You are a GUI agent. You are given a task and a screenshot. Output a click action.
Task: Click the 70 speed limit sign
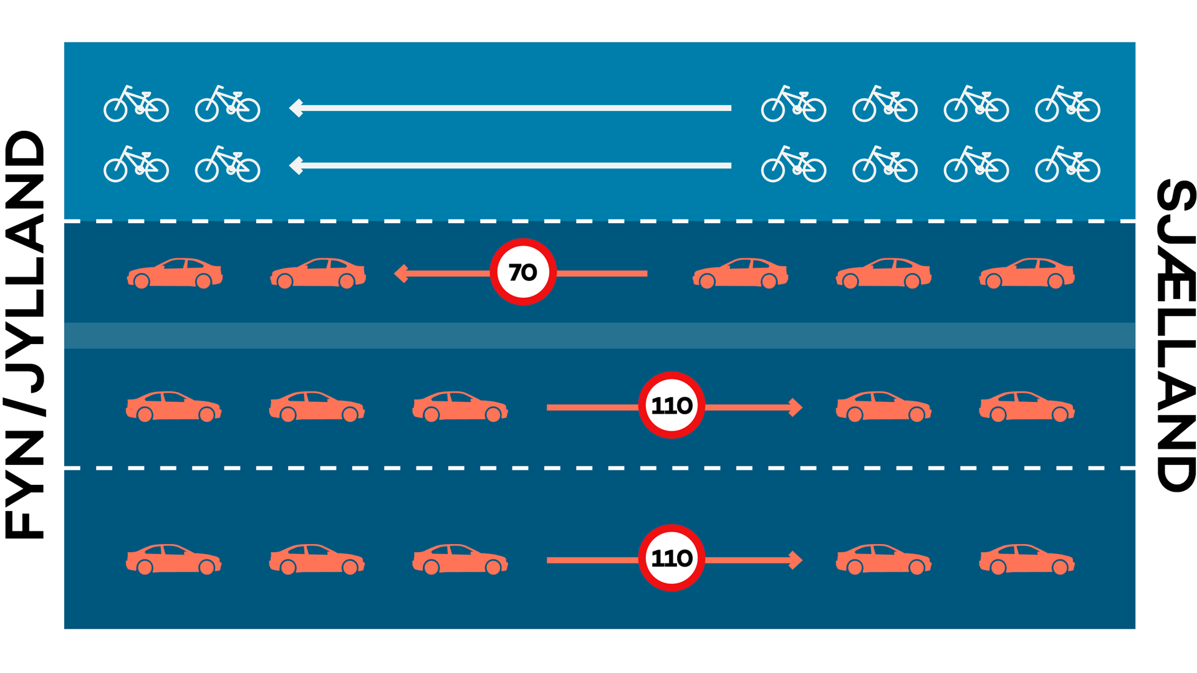tap(523, 272)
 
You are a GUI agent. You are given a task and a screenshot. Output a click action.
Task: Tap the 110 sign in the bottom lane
tap(671, 558)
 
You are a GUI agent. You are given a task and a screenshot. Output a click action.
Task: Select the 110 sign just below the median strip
tap(671, 405)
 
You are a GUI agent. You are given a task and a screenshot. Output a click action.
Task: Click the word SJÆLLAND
tap(1176, 335)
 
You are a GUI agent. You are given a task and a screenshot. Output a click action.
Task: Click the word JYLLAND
tap(25, 262)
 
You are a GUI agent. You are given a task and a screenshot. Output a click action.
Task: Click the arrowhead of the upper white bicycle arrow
tap(296, 108)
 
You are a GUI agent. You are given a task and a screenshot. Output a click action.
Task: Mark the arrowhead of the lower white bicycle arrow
tap(296, 166)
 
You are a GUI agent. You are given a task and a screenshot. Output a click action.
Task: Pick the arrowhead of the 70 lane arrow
tap(401, 273)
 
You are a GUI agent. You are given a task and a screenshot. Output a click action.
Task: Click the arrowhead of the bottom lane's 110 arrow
tap(796, 560)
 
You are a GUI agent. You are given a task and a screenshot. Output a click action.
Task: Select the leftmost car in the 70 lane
tap(175, 273)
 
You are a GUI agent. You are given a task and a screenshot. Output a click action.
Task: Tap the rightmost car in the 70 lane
tap(1027, 273)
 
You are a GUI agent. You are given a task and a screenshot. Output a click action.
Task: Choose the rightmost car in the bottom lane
tap(1027, 559)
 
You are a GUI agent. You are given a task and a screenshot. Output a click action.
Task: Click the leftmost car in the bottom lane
tap(174, 559)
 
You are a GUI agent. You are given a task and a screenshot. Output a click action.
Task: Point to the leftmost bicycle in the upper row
tap(136, 103)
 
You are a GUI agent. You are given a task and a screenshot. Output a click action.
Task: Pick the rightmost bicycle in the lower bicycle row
tap(1068, 164)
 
